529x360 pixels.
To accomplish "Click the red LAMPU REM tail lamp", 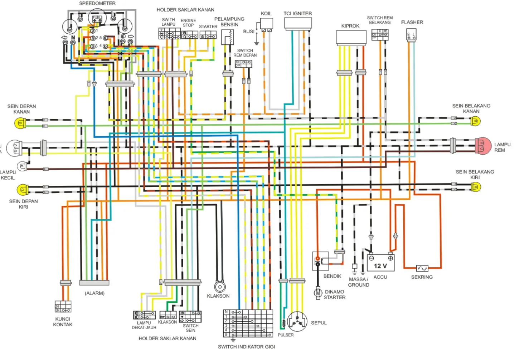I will (483, 146).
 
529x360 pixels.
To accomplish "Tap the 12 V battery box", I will (380, 263).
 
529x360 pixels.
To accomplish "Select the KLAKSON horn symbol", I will (219, 286).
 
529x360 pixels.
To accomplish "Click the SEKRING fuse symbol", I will (422, 268).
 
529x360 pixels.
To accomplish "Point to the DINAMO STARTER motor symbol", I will (318, 293).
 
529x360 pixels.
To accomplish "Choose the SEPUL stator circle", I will (297, 321).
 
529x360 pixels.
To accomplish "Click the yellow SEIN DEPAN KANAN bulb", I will (19, 123).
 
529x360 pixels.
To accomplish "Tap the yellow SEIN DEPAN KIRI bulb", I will (22, 189).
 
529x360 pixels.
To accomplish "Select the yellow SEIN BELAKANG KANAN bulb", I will (475, 121).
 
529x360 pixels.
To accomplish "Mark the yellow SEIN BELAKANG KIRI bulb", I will (476, 187).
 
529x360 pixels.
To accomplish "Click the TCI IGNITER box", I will (298, 23).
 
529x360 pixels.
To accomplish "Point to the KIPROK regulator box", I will (351, 37).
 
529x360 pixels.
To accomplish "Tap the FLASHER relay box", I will (411, 35).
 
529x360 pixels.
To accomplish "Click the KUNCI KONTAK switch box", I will (63, 307).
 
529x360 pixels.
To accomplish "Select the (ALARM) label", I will (94, 293).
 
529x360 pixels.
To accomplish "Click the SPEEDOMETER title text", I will (97, 3).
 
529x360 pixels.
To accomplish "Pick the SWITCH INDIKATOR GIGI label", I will (246, 346).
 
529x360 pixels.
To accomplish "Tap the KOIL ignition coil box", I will (266, 23).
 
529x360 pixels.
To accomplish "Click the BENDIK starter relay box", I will (321, 261).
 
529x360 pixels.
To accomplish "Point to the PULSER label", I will (285, 335).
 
